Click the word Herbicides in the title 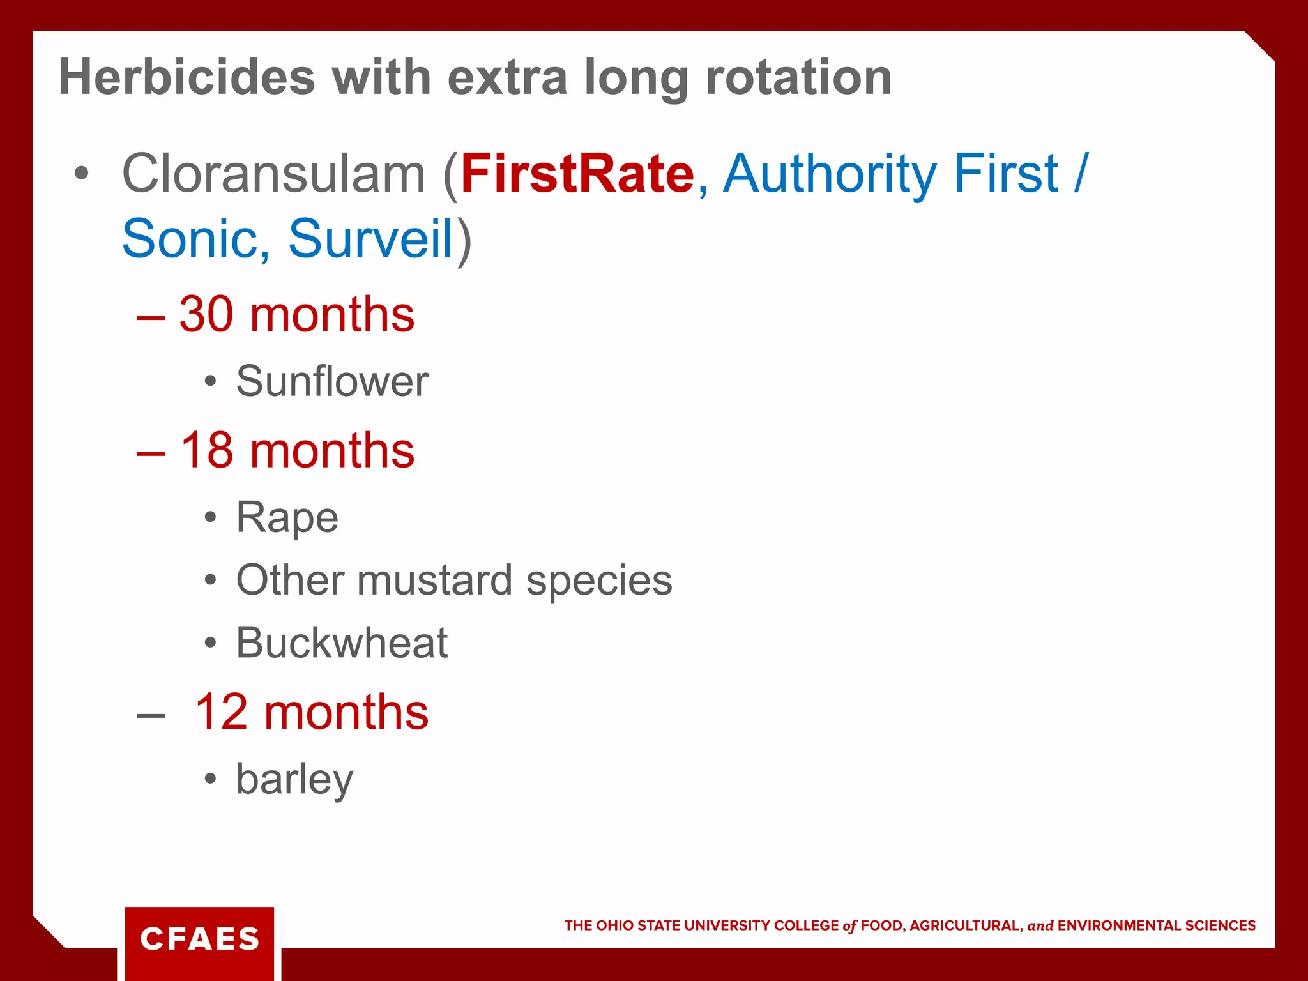[186, 77]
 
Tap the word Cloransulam [273, 174]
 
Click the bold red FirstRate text [577, 174]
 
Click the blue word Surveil [370, 239]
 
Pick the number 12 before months [221, 712]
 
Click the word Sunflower [332, 381]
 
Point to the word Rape [287, 517]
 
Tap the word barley [294, 779]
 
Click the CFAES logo [199, 939]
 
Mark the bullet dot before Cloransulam [81, 173]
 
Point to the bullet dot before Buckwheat [211, 643]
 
